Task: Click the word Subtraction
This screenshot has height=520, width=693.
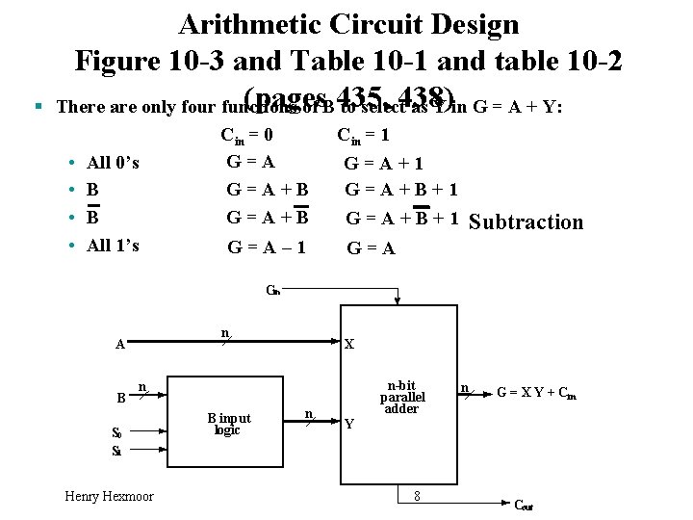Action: (x=525, y=222)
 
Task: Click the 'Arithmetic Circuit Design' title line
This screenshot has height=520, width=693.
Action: (x=348, y=23)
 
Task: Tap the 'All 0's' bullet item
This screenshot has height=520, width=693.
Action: (x=113, y=163)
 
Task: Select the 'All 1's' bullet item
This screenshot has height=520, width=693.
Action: (x=113, y=245)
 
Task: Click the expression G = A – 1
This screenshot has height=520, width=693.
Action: (x=267, y=247)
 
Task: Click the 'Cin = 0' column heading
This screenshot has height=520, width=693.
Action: (x=253, y=136)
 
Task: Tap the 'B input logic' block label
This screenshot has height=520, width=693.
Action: (x=229, y=424)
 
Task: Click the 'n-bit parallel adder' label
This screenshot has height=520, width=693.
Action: (x=402, y=396)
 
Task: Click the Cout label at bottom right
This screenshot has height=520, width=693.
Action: (x=524, y=506)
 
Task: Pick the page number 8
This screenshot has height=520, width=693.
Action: (x=416, y=495)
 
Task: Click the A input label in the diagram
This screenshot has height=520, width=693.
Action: (x=119, y=344)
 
